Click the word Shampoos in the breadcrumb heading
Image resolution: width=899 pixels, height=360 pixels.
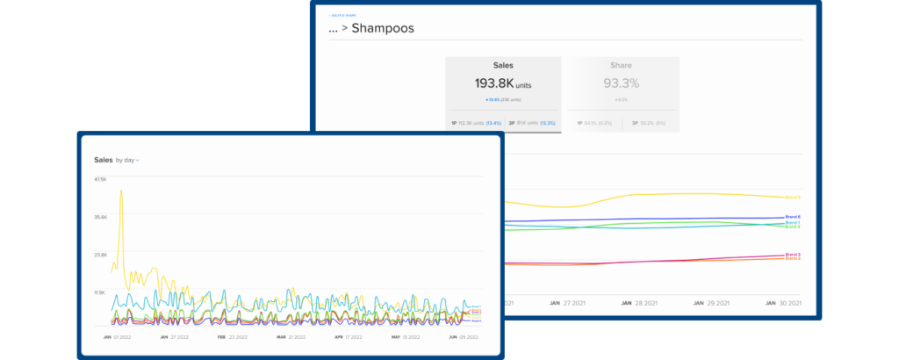[x=383, y=28]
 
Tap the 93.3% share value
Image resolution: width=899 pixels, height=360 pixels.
[x=621, y=84]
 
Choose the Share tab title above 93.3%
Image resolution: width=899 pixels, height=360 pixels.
[x=621, y=65]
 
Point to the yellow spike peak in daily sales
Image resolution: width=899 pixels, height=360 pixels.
[x=120, y=191]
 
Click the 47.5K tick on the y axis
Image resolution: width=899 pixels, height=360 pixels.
[x=99, y=179]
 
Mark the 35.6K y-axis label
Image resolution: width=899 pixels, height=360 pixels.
[x=99, y=217]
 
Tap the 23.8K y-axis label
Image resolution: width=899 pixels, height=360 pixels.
[x=99, y=255]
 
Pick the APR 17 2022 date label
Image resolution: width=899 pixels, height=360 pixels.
[x=348, y=336]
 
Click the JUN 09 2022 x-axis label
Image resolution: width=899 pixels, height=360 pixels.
[x=462, y=336]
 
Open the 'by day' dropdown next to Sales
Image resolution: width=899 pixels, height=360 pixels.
[x=127, y=161]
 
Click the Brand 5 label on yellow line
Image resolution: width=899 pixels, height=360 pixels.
[x=793, y=198]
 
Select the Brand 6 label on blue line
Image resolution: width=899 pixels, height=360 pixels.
[x=793, y=217]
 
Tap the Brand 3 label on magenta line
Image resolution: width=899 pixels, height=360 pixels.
[x=793, y=255]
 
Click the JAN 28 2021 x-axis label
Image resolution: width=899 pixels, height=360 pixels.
[x=639, y=303]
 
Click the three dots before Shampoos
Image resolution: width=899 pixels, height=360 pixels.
[x=333, y=29]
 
